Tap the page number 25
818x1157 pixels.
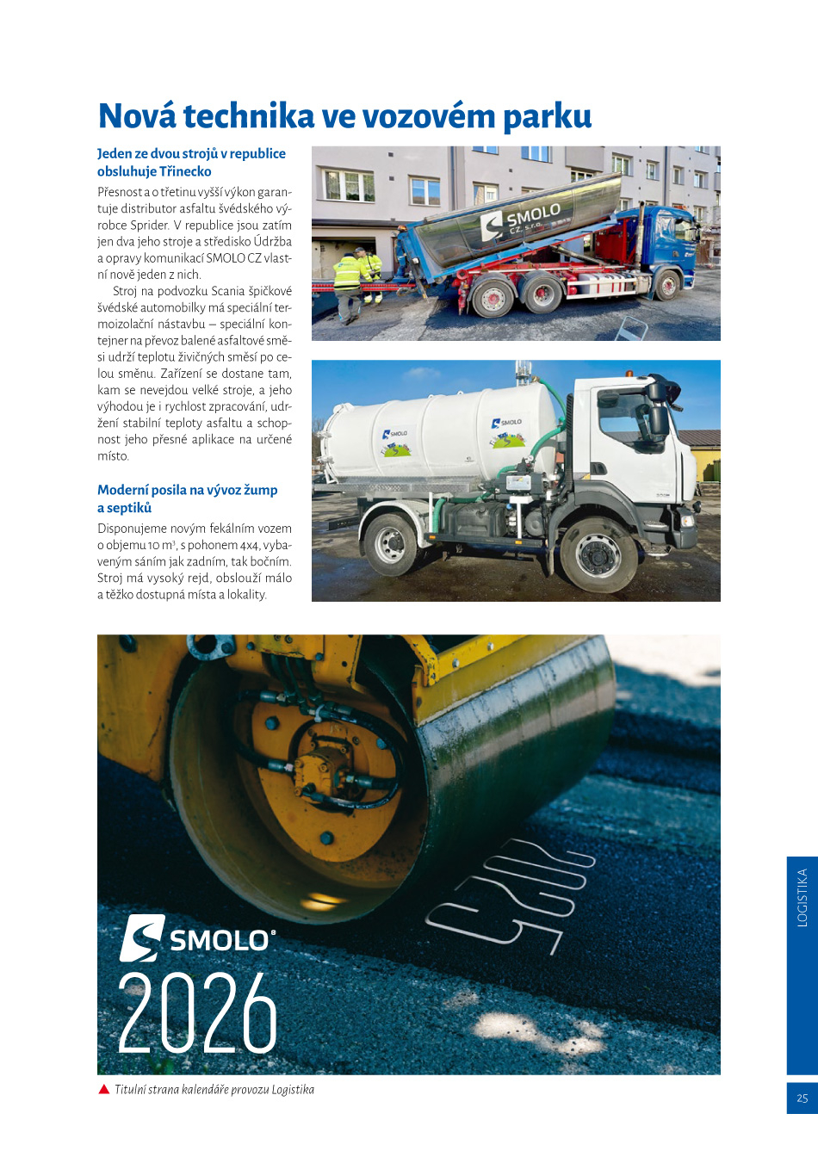(802, 1098)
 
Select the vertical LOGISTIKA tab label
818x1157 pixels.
(802, 897)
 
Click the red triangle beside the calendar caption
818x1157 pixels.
(104, 1090)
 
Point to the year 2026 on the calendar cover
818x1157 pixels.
(197, 1013)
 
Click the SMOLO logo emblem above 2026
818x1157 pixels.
(141, 937)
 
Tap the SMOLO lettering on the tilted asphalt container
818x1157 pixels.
(533, 214)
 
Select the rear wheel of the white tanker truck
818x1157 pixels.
(392, 543)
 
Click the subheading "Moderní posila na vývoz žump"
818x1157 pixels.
(187, 490)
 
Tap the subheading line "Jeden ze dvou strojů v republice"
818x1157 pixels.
(191, 153)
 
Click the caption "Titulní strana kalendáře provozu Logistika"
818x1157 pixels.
(214, 1090)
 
